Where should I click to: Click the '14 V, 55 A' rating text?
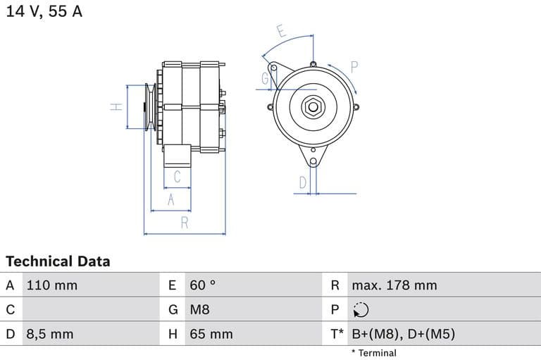point(44,12)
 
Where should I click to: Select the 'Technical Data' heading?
point(58,261)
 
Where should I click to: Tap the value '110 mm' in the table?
point(52,285)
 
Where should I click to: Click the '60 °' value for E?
point(203,285)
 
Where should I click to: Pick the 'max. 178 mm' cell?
point(394,285)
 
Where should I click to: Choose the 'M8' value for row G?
point(200,309)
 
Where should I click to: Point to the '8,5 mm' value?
point(49,334)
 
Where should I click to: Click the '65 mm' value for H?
point(211,334)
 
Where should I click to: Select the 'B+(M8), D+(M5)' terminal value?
point(403,334)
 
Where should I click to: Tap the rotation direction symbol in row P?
point(360,310)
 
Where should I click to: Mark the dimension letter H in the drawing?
point(117,107)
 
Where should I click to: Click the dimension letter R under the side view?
point(185,223)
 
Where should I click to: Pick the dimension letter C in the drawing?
point(178,177)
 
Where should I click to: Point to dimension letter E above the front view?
point(280,31)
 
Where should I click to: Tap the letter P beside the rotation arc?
point(354,67)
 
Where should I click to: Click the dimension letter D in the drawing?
point(302,182)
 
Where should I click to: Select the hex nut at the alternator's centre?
point(312,108)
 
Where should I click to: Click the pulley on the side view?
point(149,107)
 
